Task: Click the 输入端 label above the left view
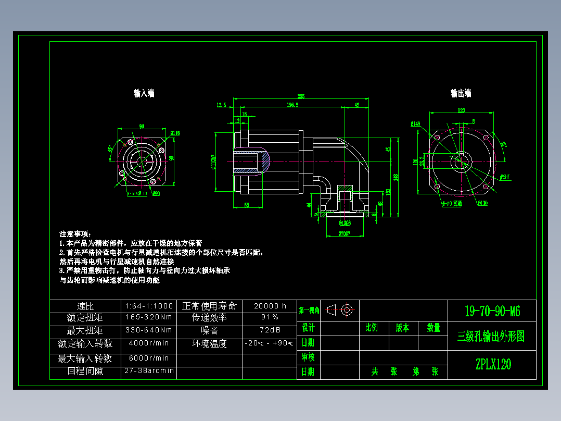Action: tap(144, 93)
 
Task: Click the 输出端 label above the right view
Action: tap(461, 93)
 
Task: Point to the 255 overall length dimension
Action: tap(301, 96)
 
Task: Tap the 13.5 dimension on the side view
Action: tap(221, 105)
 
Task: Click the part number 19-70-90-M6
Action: tap(492, 312)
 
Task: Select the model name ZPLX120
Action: tap(492, 364)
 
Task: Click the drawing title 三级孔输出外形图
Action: tap(491, 336)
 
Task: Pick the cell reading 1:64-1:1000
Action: tap(149, 306)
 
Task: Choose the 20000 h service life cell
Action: tap(270, 306)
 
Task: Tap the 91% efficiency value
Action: tap(270, 317)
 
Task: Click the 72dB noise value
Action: tap(270, 330)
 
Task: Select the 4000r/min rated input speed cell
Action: tap(149, 343)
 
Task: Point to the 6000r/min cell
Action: tap(149, 358)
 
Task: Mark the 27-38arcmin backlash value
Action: tap(149, 371)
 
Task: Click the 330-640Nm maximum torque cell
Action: tap(149, 330)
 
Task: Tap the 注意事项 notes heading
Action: tap(75, 233)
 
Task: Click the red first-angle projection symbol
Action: tap(341, 310)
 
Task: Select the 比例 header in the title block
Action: tap(372, 328)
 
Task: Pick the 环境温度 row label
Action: tap(209, 343)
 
